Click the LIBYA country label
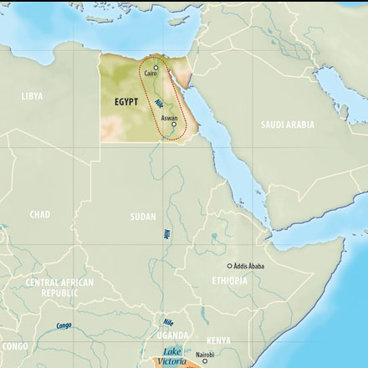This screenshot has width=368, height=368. (x=32, y=97)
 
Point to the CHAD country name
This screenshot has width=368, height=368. (x=40, y=215)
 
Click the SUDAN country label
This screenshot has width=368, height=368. (x=143, y=217)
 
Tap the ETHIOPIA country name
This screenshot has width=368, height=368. (x=229, y=281)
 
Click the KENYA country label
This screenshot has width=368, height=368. (x=218, y=341)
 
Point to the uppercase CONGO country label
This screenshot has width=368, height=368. (x=14, y=345)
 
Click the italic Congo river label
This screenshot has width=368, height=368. (x=64, y=325)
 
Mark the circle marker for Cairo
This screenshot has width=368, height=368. (x=155, y=68)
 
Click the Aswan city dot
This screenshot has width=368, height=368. (x=174, y=125)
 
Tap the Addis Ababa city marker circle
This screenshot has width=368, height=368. (x=230, y=266)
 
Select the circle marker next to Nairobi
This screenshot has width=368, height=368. (x=205, y=361)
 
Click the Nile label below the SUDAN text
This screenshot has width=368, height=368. (x=167, y=237)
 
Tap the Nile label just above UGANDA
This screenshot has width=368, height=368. (x=168, y=322)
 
